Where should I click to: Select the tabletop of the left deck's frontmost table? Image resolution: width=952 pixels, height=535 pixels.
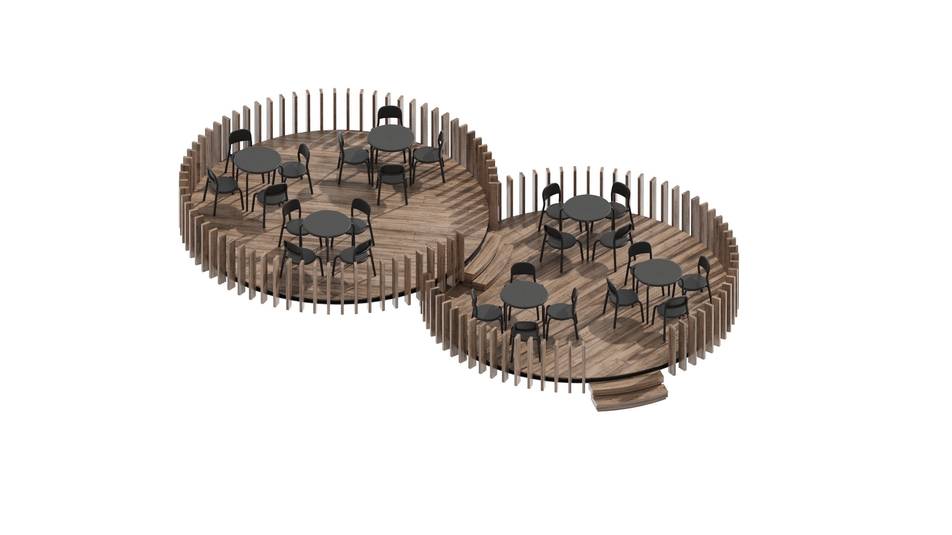(327, 223)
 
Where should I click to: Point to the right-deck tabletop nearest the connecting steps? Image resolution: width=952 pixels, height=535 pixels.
(524, 294)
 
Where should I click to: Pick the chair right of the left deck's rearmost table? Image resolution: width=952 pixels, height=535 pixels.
(430, 155)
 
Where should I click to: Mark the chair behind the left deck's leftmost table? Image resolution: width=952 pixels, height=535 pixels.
(240, 142)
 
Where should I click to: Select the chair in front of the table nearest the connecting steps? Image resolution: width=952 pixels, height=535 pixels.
(525, 332)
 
